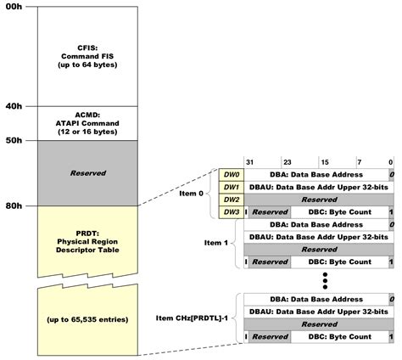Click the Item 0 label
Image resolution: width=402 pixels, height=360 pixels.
[x=192, y=193]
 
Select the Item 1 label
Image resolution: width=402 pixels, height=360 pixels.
[x=217, y=243]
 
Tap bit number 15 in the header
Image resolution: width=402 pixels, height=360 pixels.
[x=324, y=161]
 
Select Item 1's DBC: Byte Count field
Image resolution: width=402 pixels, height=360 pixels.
[x=338, y=262]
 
